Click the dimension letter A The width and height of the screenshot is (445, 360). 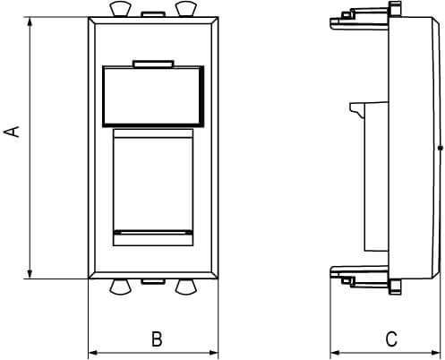(x=12, y=132)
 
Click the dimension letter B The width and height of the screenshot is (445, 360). (x=157, y=339)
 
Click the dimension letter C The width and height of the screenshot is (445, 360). (x=391, y=339)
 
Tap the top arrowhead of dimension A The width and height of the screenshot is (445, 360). (x=30, y=22)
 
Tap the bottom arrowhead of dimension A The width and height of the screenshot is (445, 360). (x=30, y=274)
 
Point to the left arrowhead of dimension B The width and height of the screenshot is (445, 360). (x=93, y=353)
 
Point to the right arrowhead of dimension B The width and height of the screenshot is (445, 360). (x=213, y=353)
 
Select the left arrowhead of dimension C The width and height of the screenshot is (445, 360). (x=335, y=353)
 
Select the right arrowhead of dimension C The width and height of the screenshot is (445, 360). (x=436, y=353)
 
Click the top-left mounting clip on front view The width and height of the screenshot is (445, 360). (x=120, y=9)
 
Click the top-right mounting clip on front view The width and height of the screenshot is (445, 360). (x=186, y=9)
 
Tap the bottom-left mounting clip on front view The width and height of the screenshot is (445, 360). (x=120, y=287)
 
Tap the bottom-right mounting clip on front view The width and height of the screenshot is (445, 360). (x=186, y=287)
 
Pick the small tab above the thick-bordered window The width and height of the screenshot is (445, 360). (x=154, y=64)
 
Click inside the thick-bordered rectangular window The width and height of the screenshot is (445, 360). (x=153, y=96)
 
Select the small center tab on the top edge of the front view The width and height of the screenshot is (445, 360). (x=153, y=14)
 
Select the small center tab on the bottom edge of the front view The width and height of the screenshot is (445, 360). (x=153, y=281)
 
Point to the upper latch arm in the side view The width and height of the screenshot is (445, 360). (x=360, y=20)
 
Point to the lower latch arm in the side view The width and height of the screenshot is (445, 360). (x=360, y=276)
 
